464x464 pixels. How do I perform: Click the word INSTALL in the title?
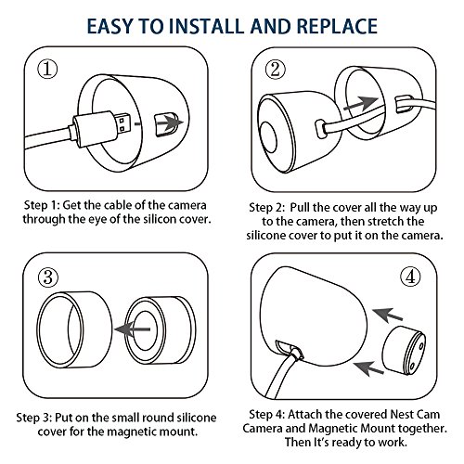tap(207, 26)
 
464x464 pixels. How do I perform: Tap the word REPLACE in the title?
tap(337, 26)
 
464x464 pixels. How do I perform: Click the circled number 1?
tap(47, 70)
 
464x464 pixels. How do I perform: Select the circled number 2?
tap(275, 70)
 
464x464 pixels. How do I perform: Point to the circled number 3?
tap(48, 277)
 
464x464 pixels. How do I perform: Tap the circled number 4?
tap(410, 277)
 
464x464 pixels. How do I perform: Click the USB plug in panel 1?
tap(101, 129)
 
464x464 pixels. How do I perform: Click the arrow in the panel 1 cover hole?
tap(169, 122)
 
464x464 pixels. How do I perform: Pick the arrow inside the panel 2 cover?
tap(361, 103)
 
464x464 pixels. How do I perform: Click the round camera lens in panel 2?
tap(268, 137)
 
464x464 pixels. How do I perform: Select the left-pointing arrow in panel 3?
tap(133, 329)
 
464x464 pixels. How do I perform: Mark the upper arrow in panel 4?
tap(387, 315)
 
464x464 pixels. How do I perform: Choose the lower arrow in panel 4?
tap(368, 368)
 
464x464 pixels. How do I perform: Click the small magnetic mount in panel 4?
tap(404, 349)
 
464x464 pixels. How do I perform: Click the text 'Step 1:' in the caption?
tap(42, 206)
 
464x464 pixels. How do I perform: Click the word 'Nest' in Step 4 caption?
tap(402, 415)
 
